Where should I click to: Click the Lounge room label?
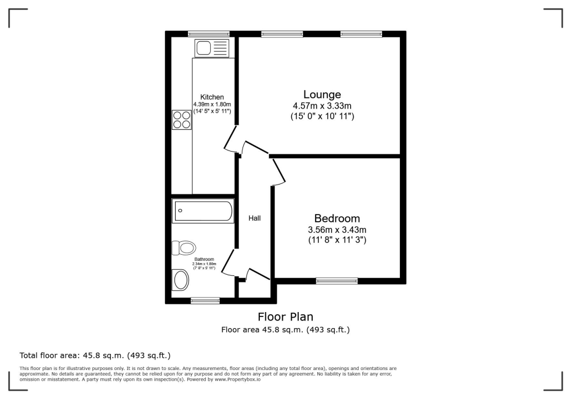click(322, 94)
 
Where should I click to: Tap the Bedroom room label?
click(337, 218)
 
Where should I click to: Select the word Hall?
click(254, 218)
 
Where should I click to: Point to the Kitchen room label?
click(212, 97)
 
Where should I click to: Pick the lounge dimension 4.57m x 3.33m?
click(322, 106)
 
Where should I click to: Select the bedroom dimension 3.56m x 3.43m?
click(337, 230)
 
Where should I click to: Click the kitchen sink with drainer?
click(211, 48)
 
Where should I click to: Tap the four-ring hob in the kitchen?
click(181, 120)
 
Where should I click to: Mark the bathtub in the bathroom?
click(203, 211)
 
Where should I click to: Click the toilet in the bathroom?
click(183, 247)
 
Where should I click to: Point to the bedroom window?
click(337, 281)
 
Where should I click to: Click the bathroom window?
click(205, 301)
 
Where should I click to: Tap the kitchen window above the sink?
click(209, 34)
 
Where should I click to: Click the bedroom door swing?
click(278, 172)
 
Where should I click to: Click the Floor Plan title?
click(285, 317)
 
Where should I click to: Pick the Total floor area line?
click(95, 355)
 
